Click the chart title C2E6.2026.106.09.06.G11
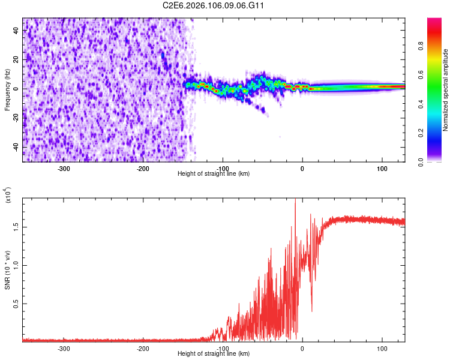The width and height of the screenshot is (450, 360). pos(214,5)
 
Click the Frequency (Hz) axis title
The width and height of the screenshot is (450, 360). pos(7,90)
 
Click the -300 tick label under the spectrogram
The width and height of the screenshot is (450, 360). pos(64,169)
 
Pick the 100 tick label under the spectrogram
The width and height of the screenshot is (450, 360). pos(382,169)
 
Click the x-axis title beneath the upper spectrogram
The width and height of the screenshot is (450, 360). pos(214,174)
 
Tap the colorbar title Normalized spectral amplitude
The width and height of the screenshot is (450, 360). pos(446,90)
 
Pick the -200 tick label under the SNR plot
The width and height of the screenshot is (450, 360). pos(143,348)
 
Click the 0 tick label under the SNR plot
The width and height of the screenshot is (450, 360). pos(302,348)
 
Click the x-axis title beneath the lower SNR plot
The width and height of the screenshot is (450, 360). pos(214,354)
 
